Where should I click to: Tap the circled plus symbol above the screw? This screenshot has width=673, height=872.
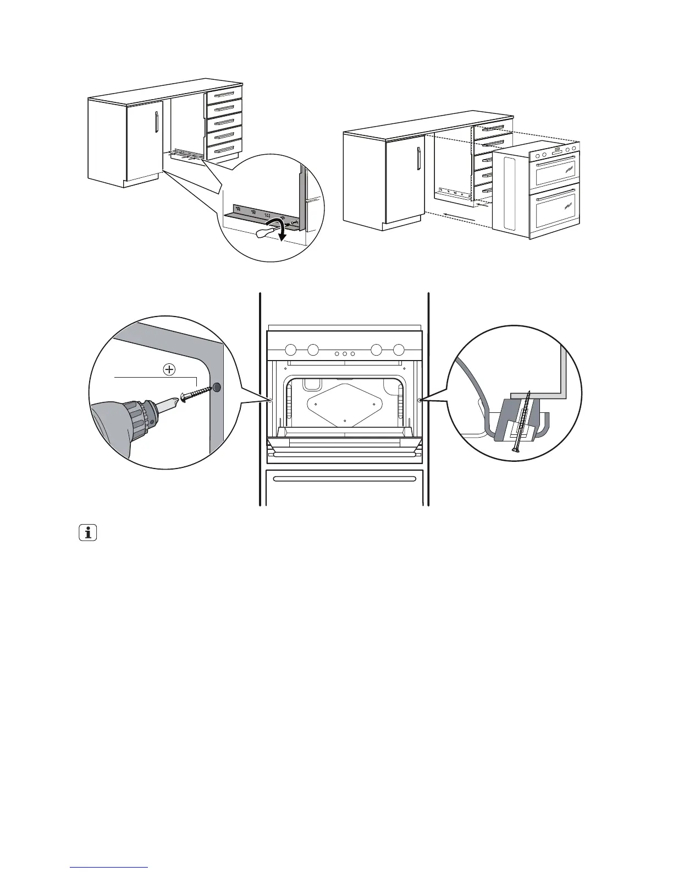point(169,369)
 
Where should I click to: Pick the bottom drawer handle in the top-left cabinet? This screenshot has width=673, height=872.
point(224,149)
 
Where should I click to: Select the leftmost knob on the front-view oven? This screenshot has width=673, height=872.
point(291,349)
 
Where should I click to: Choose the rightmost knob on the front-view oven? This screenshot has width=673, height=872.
point(399,349)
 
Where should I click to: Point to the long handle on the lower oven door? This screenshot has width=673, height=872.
point(344,478)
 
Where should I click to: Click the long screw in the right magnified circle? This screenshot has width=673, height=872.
point(522,422)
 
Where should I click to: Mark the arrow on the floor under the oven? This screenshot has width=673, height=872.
point(458,215)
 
